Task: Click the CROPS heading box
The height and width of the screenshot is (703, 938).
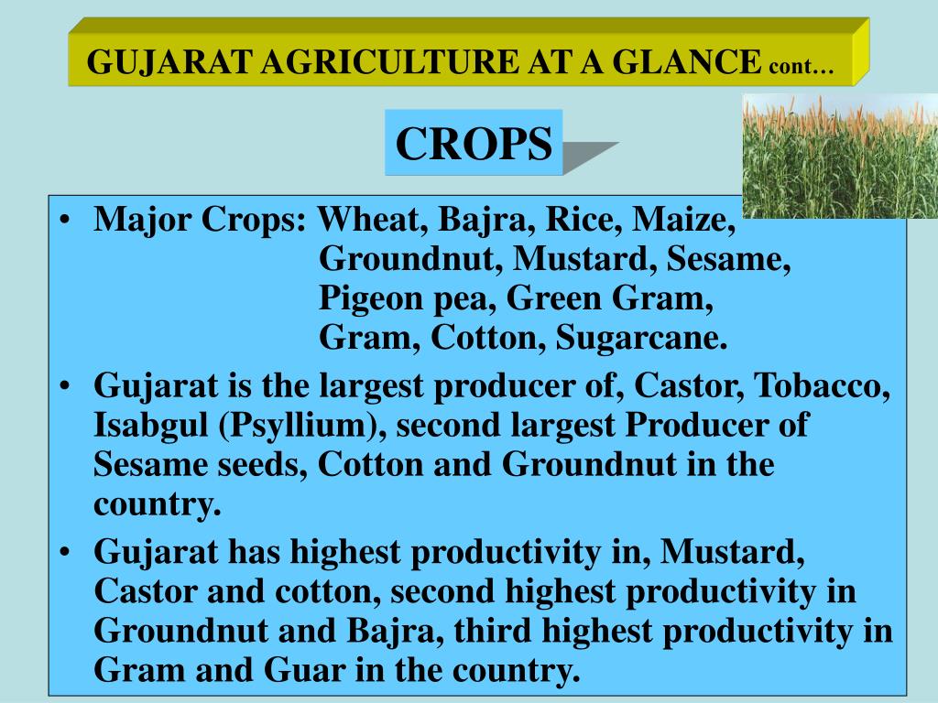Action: tap(474, 143)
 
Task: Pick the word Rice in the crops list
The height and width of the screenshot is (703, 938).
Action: tap(577, 220)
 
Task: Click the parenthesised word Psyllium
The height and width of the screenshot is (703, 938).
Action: tap(297, 426)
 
